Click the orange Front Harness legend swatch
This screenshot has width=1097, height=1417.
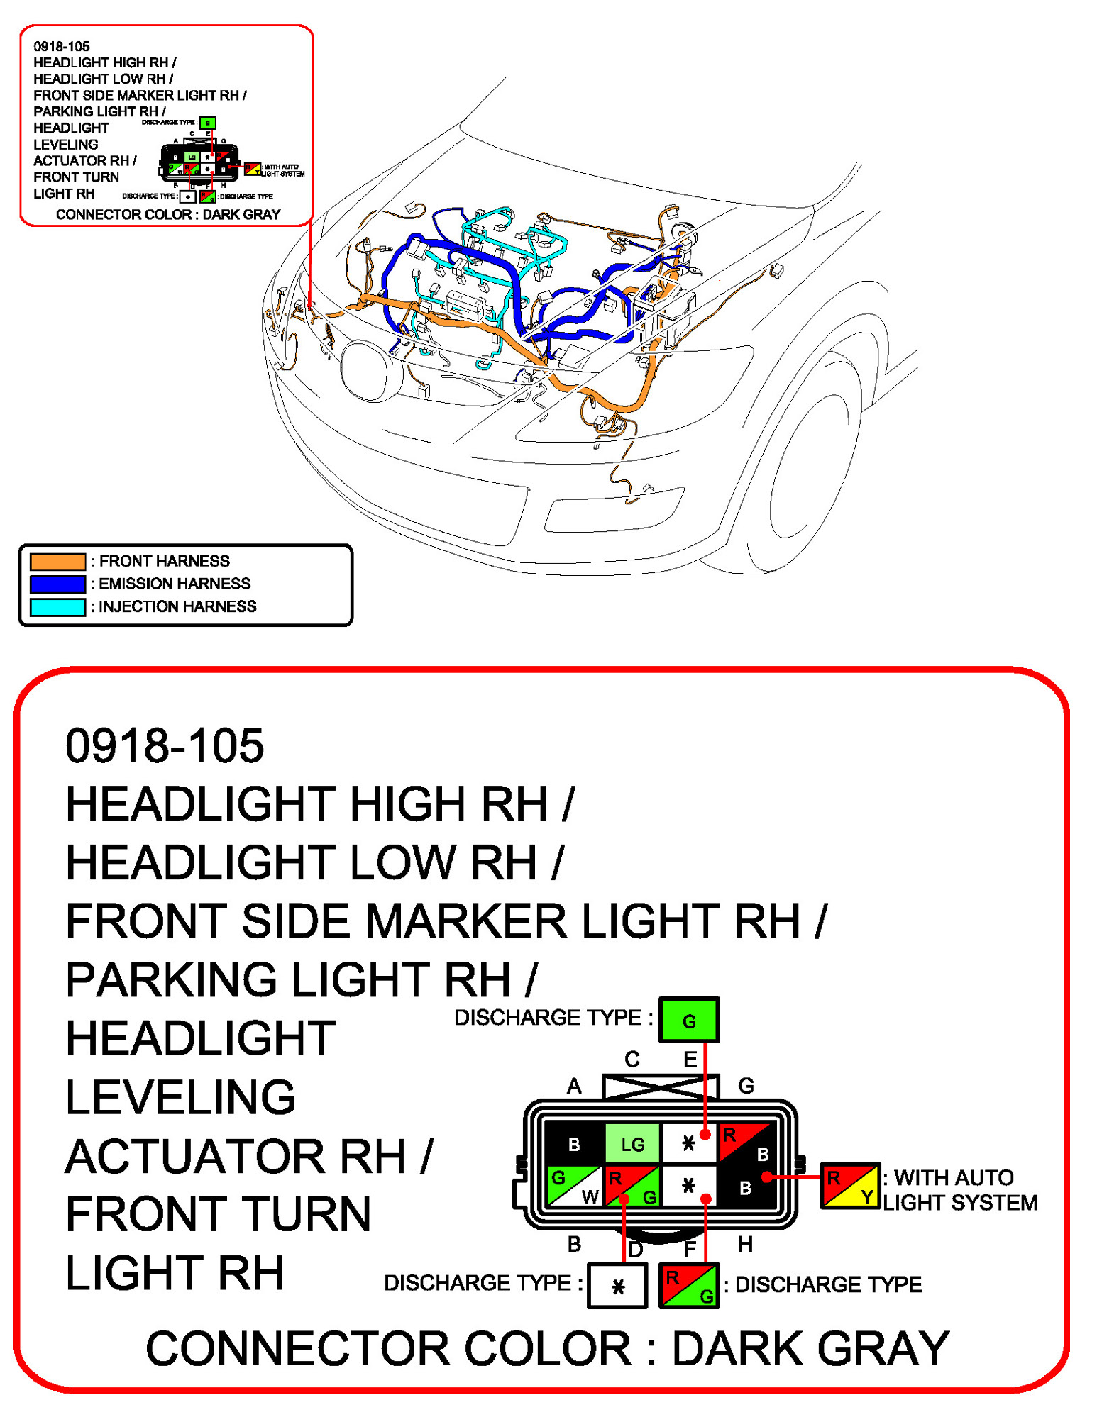point(57,562)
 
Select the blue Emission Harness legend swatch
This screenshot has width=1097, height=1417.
point(57,584)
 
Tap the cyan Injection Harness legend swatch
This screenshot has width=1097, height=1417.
point(57,607)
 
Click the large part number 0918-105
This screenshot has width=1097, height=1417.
point(164,746)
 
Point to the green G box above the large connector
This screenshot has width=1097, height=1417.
point(688,1020)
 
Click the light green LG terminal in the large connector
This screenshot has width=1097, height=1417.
point(632,1144)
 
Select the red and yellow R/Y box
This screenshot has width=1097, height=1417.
point(850,1186)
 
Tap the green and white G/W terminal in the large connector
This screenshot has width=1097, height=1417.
point(575,1186)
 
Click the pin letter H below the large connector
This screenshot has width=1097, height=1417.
point(745,1245)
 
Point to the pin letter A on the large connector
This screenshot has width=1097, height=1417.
point(574,1086)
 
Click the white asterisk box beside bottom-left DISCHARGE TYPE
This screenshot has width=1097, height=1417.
point(618,1286)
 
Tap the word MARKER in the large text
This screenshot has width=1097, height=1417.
point(466,921)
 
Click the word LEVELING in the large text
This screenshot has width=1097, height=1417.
point(180,1097)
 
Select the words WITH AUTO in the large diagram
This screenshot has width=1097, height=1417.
point(953,1178)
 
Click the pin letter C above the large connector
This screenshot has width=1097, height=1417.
point(632,1059)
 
